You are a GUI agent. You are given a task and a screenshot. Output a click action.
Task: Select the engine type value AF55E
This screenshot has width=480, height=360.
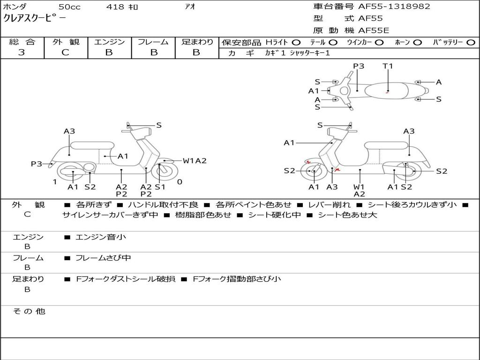click(x=374, y=30)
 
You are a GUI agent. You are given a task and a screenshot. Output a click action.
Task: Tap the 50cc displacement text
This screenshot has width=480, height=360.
click(x=69, y=7)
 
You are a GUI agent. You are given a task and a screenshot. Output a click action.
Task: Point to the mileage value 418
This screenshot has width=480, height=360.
click(x=115, y=7)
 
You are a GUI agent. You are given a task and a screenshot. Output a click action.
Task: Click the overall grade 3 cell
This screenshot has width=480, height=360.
click(x=22, y=52)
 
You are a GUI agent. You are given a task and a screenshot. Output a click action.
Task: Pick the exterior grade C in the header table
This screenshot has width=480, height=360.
click(x=66, y=52)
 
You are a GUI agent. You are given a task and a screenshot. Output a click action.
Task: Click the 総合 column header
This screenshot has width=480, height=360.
click(x=22, y=42)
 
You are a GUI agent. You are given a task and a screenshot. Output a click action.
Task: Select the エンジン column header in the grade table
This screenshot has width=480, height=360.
click(x=109, y=42)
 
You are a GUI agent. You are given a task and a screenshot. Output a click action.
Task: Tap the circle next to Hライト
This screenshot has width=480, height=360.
click(x=296, y=42)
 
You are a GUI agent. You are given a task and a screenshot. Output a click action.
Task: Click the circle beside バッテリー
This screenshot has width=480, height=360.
click(x=471, y=42)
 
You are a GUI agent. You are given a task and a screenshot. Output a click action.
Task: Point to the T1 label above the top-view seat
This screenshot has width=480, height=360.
click(x=388, y=66)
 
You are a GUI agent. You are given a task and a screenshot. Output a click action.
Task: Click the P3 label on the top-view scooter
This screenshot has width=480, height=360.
click(x=359, y=66)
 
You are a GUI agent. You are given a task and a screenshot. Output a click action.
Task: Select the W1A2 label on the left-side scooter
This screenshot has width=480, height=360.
click(x=195, y=161)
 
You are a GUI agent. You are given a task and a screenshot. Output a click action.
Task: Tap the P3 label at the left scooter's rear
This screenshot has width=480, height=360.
click(x=37, y=164)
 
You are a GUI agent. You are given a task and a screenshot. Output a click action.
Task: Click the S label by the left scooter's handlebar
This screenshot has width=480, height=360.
click(x=159, y=125)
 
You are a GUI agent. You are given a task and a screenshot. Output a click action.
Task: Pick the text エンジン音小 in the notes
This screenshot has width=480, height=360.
click(x=101, y=237)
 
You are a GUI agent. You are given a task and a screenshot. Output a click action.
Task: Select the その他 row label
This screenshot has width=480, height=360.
click(x=29, y=311)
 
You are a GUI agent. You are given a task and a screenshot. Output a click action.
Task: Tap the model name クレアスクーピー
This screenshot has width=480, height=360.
click(x=35, y=18)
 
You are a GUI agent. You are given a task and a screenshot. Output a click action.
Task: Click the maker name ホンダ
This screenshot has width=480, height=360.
click(x=15, y=7)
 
